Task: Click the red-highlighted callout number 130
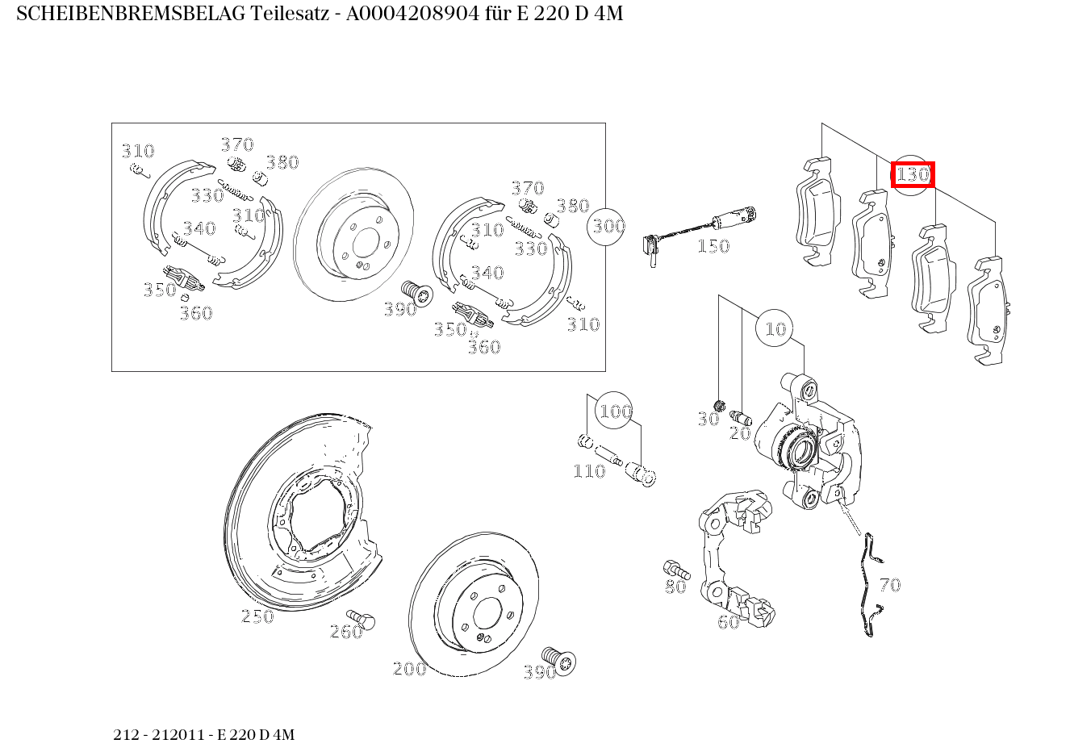point(913,174)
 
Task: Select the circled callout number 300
point(608,226)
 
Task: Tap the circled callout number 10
point(775,328)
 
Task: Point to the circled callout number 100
point(615,411)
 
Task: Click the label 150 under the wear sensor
point(713,246)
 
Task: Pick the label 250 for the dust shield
point(257,616)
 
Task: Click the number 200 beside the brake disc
point(409,669)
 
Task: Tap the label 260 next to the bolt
point(346,632)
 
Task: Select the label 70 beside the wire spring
point(890,585)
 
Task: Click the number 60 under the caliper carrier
point(729,622)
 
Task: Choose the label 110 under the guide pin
point(589,471)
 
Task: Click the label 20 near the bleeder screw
point(740,433)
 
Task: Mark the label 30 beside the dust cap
point(708,419)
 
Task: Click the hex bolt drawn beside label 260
point(366,620)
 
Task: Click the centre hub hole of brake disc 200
point(487,614)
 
